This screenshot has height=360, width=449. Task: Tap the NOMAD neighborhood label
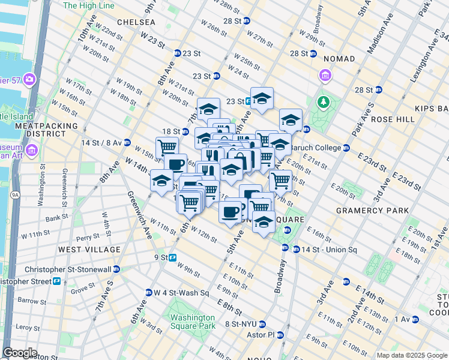[x=339, y=59]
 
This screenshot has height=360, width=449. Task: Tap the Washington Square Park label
[x=192, y=322]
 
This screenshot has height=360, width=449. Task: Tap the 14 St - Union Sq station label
[x=329, y=250]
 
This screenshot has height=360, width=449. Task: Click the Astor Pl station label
[x=262, y=334]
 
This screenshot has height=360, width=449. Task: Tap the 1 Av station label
[x=399, y=320]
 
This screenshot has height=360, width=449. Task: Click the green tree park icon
[x=324, y=103]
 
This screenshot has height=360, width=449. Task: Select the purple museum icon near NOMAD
[x=325, y=76]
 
